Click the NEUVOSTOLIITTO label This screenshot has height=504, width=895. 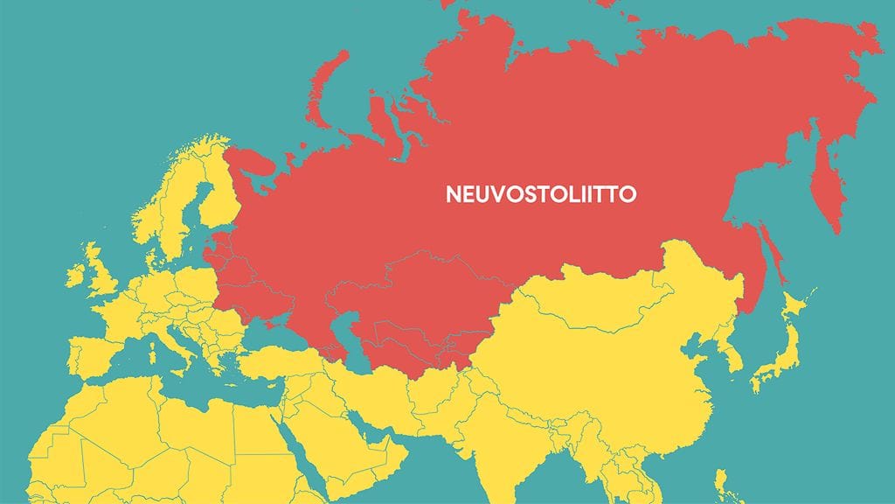coord(541,193)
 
